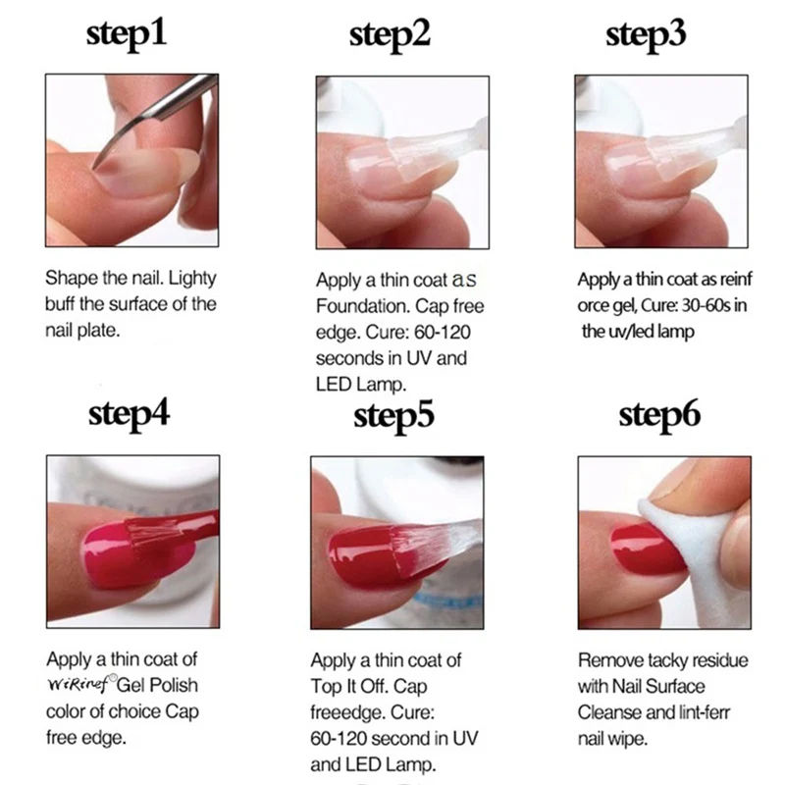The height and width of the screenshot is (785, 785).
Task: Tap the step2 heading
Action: coord(390,35)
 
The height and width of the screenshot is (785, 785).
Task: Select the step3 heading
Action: coord(646,35)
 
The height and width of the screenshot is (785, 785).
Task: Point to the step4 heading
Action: coord(129,415)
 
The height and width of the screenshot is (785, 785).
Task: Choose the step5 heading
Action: coord(393,416)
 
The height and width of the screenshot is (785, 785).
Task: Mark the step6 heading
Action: coord(659,416)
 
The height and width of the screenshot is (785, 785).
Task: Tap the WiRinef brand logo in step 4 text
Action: coord(81,683)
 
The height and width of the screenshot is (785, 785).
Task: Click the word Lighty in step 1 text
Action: coord(192,279)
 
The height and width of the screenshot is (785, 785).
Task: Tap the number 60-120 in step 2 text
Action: coord(443,332)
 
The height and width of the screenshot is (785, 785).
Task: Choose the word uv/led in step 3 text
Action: coord(630,332)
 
